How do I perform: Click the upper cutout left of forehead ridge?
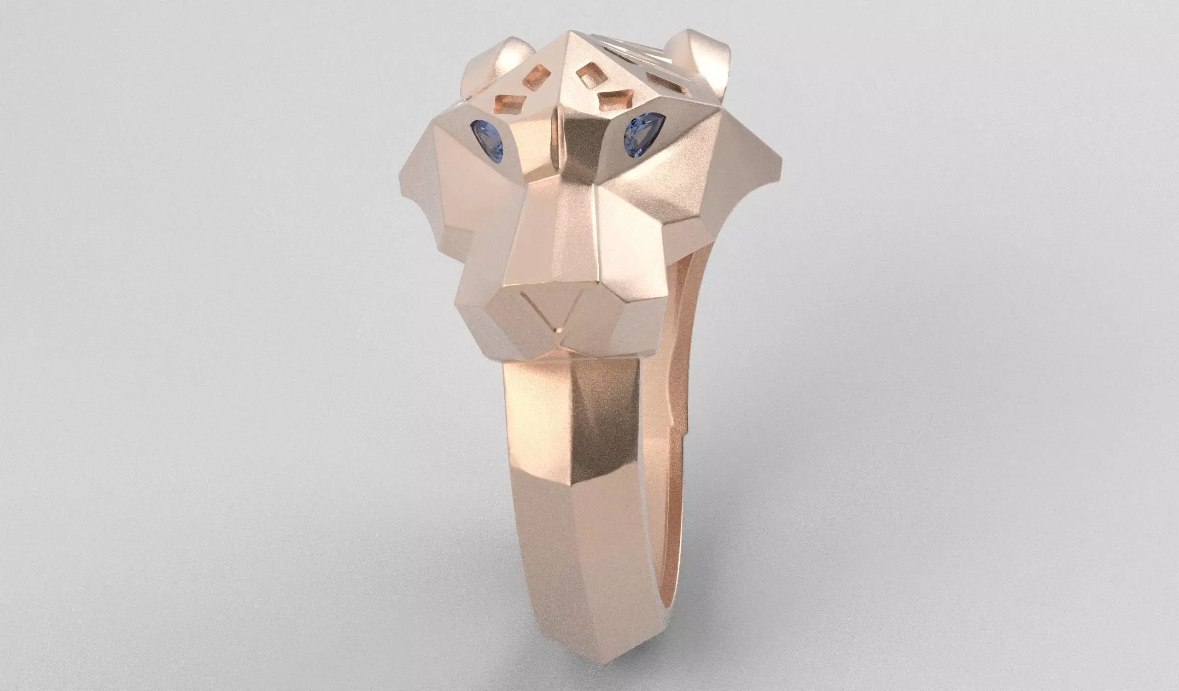click(537, 76)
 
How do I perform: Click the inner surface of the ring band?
click(678, 468)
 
